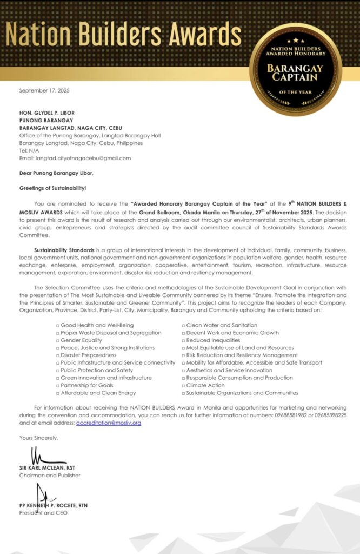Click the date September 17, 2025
pos(44,90)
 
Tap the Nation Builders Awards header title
pos(124,34)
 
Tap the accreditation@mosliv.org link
pos(109,423)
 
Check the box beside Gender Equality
pos(58,340)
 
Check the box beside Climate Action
pos(184,385)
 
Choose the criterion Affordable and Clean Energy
pos(98,393)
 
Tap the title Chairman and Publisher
pos(50,476)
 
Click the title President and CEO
pos(43,512)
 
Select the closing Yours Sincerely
pos(38,437)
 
